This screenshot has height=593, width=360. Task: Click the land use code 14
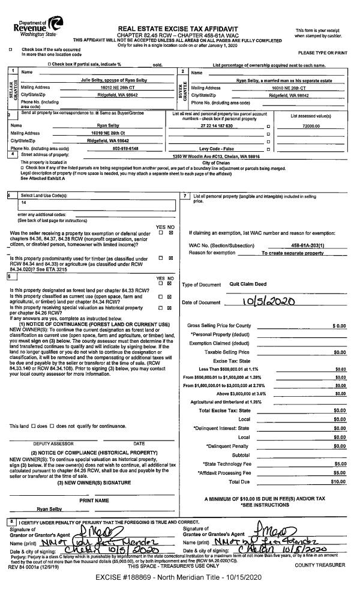tap(24, 203)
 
